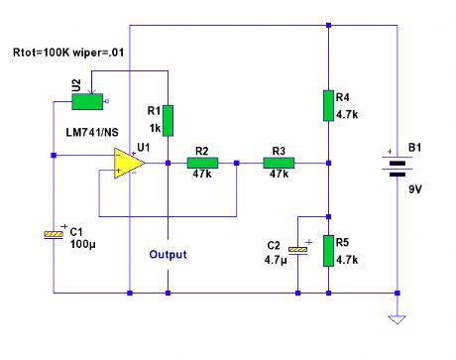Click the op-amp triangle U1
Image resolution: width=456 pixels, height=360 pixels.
click(128, 163)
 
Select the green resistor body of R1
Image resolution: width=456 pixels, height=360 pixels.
click(169, 120)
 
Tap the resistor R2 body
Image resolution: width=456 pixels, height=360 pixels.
click(203, 163)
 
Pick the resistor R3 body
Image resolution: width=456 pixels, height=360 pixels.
click(278, 163)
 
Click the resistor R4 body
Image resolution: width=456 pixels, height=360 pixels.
click(328, 105)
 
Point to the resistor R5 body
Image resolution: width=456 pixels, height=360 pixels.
click(328, 252)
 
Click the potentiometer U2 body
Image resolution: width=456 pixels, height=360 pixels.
click(90, 100)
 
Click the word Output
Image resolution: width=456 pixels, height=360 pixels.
click(168, 255)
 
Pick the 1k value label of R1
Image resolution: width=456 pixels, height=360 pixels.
click(153, 127)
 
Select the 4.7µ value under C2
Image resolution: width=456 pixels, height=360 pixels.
click(276, 259)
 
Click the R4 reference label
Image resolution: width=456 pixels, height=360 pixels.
click(344, 97)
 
